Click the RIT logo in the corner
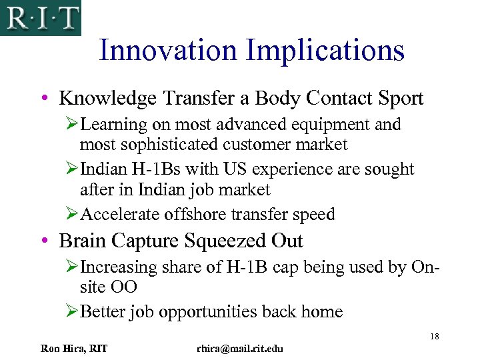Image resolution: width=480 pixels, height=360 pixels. pos(40,17)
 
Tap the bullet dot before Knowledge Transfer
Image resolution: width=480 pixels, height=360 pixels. pos(43,99)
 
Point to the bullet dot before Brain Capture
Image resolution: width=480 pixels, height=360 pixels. pos(43,241)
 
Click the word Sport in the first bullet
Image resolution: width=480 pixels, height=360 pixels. pos(397,99)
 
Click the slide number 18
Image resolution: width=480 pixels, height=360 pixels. pos(434,336)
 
